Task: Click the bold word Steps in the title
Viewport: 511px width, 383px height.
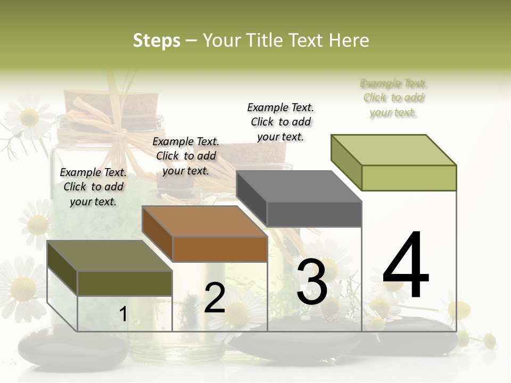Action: [x=156, y=40]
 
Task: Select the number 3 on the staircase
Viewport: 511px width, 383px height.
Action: [x=312, y=283]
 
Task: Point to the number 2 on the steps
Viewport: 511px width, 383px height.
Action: [x=215, y=298]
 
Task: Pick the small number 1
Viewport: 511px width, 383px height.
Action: [x=123, y=314]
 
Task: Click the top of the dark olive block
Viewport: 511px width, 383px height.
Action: [x=110, y=256]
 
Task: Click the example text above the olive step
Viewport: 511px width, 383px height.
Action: [x=93, y=187]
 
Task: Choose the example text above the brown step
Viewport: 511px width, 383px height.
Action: [x=186, y=156]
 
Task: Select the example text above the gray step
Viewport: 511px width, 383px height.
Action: [x=281, y=122]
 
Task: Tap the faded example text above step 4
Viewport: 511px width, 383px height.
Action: [x=393, y=98]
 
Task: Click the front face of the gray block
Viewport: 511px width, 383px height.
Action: [x=314, y=214]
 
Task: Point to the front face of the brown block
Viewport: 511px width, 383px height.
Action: [x=220, y=249]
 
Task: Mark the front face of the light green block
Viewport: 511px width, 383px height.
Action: [x=409, y=178]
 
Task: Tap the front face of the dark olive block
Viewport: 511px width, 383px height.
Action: [x=125, y=283]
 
